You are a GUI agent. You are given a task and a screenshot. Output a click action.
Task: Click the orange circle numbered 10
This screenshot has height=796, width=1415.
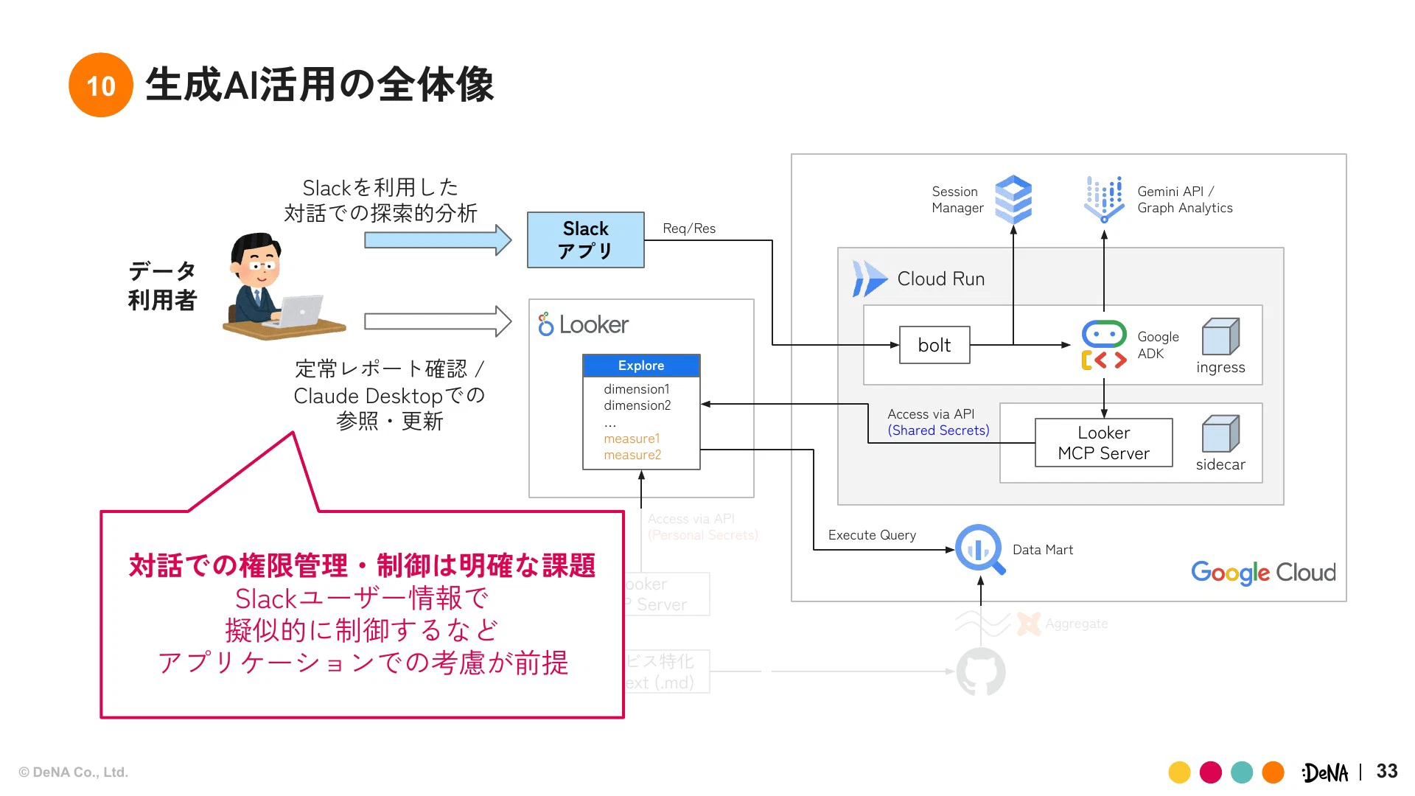pos(101,85)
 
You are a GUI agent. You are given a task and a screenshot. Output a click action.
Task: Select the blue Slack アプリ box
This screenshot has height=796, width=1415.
pos(585,240)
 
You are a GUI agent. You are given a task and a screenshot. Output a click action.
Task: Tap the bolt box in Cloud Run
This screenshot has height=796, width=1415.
pos(934,345)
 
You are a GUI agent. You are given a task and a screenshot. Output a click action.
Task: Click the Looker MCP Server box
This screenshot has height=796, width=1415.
pos(1103,442)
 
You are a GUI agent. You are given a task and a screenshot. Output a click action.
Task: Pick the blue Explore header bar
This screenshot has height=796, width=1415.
pos(640,366)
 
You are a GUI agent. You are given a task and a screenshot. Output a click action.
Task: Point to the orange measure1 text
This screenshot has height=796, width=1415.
pos(632,439)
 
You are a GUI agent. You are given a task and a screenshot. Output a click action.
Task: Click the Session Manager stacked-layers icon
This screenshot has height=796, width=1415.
pos(1013,199)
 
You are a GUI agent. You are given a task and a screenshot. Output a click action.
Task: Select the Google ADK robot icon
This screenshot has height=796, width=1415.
pos(1103,345)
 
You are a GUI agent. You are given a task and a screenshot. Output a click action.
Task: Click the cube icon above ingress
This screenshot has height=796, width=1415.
pos(1220,337)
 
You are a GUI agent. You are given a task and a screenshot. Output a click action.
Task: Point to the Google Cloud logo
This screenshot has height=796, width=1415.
pos(1263,572)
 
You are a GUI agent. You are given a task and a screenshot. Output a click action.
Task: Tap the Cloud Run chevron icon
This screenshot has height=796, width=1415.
pos(870,279)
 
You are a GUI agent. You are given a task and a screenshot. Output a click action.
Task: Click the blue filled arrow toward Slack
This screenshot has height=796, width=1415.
pos(438,240)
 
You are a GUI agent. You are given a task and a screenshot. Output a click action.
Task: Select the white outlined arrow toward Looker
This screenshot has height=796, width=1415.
pos(438,321)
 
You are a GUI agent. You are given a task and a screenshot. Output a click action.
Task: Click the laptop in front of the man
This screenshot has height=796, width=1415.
pos(298,313)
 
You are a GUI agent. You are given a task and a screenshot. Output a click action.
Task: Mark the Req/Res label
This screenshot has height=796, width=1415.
pos(689,228)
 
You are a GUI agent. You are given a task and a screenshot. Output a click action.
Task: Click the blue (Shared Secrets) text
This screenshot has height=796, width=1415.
pos(938,430)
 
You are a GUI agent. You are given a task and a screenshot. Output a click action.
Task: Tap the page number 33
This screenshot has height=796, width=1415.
pos(1386,771)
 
